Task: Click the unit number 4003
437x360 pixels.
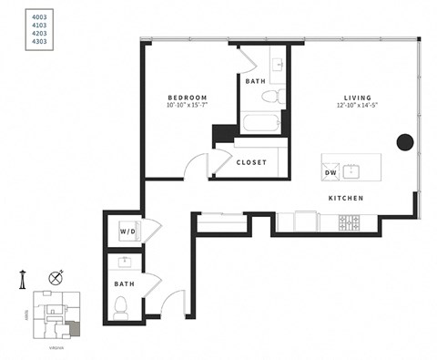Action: [15, 14]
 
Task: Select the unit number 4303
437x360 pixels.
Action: [15, 42]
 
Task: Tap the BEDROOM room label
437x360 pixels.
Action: [188, 98]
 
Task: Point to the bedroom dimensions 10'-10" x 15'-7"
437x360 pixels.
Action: [188, 107]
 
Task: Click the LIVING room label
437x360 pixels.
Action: [356, 98]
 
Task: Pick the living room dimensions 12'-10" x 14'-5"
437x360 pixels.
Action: [356, 107]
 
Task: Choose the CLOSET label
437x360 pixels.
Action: [251, 162]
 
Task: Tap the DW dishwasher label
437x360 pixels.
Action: [331, 170]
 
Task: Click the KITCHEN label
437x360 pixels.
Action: [346, 198]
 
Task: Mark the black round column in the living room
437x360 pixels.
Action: [404, 142]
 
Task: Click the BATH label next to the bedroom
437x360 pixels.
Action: [256, 82]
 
